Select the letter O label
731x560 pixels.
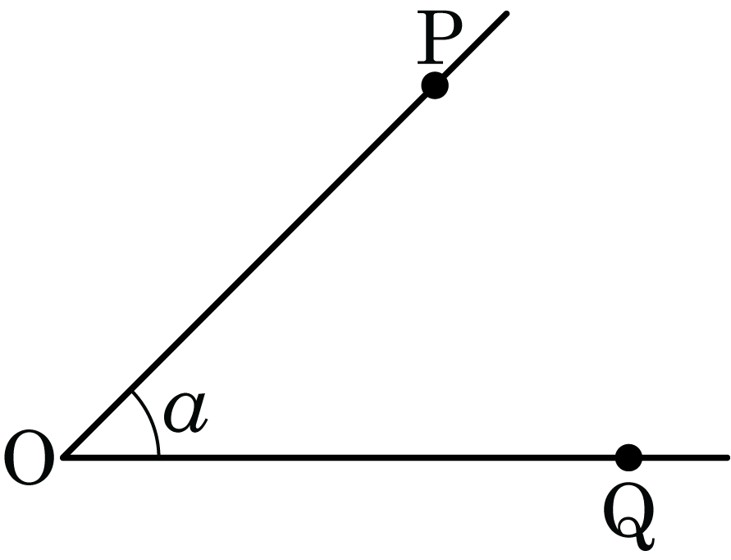[29, 457]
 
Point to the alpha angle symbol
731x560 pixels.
[185, 412]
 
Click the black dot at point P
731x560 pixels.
[435, 85]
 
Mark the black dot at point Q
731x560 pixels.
[628, 458]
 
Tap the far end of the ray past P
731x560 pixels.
[507, 13]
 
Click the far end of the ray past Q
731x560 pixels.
[727, 458]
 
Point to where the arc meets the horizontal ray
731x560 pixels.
[158, 456]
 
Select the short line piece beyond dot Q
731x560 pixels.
[685, 458]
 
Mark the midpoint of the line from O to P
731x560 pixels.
[249, 271]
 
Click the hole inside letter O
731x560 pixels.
[29, 457]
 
